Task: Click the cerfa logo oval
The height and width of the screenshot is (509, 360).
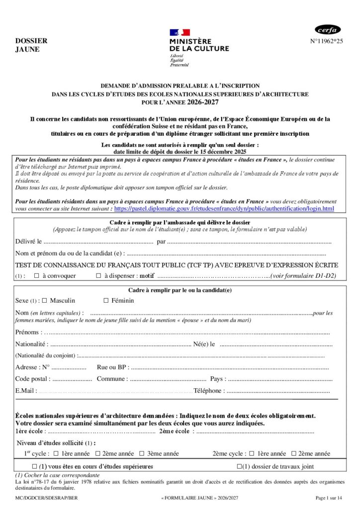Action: coord(328,29)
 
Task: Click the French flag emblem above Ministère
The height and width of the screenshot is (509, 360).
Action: coord(179,32)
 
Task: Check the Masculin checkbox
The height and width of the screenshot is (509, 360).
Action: coord(44,300)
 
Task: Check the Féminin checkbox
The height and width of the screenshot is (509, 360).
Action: coord(106,300)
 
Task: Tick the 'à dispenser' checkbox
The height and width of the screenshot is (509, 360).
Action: coord(98,275)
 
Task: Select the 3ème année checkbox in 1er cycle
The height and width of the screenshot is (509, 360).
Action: coord(142,453)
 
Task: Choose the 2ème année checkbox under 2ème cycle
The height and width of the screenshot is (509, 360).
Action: coord(294,453)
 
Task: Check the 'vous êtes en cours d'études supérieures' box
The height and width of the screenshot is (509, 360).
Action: coord(34,466)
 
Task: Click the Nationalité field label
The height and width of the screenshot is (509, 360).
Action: coord(31,344)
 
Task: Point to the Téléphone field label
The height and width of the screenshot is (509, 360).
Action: coord(209,391)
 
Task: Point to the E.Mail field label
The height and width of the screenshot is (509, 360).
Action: coord(26,391)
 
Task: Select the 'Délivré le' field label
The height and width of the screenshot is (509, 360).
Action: coord(28,242)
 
